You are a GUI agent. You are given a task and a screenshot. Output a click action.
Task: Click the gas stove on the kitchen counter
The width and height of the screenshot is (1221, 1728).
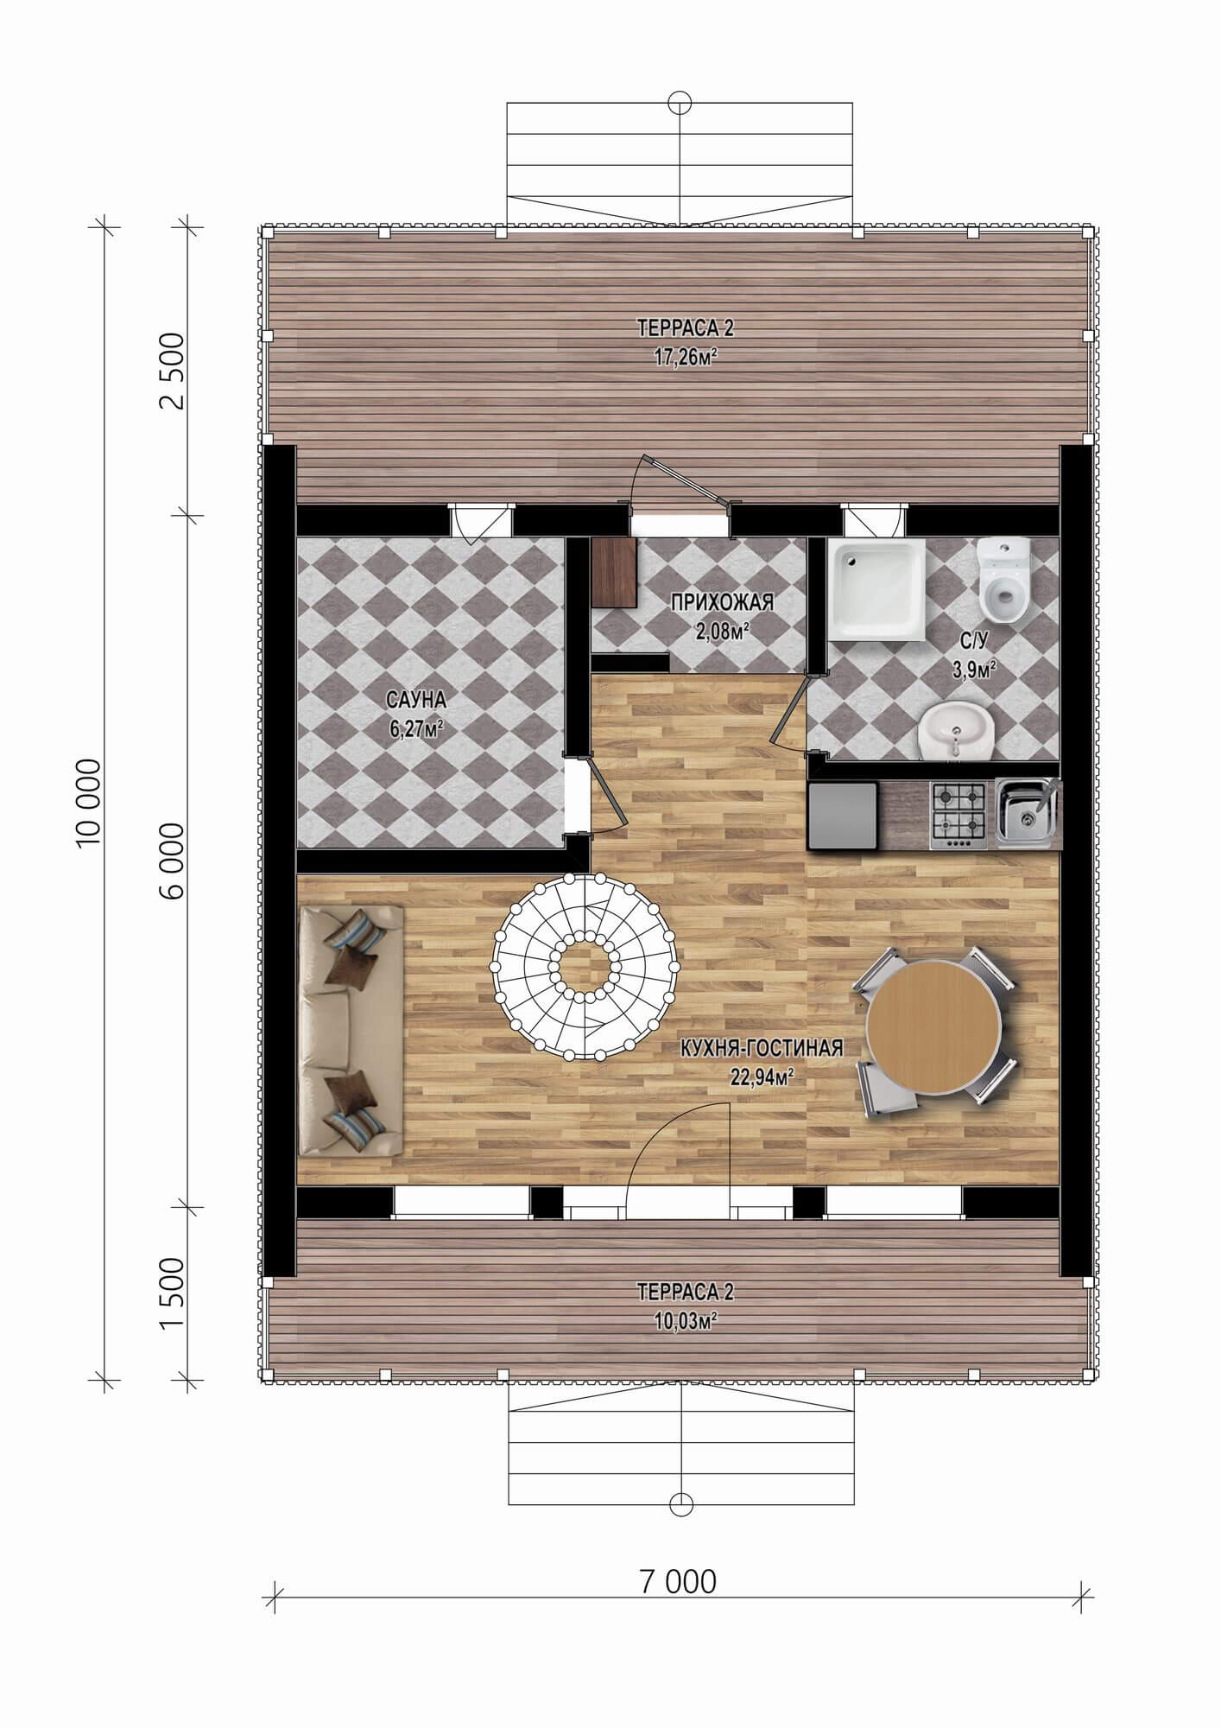pos(958,815)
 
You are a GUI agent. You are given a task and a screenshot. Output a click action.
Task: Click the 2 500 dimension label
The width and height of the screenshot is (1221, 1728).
pos(173,371)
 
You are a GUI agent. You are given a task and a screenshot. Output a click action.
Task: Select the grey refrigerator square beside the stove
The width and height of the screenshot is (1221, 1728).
pos(843,815)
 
